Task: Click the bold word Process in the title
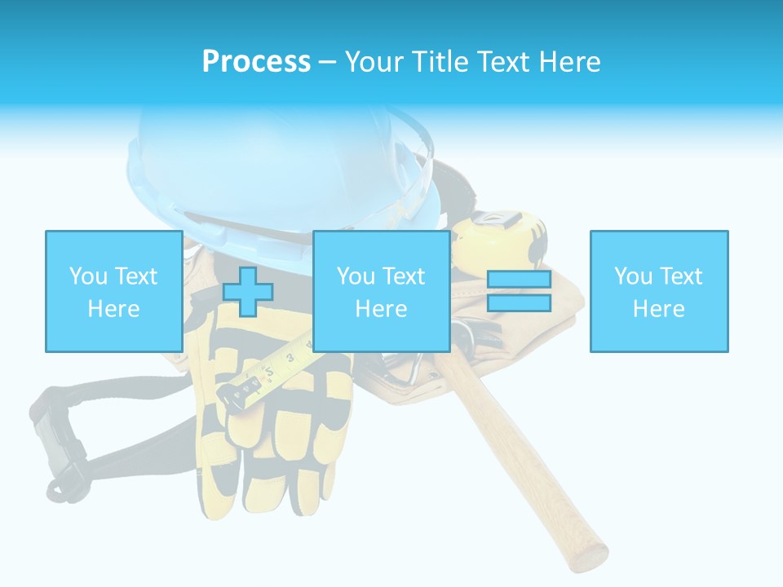click(256, 61)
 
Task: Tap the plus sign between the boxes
click(248, 291)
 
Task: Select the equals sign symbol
click(519, 291)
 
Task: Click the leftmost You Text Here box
click(113, 291)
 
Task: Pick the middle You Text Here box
click(381, 291)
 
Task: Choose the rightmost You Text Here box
click(658, 291)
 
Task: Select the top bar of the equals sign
click(519, 280)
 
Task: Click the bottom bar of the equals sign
click(519, 303)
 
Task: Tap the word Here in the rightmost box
click(658, 308)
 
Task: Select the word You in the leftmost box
click(87, 276)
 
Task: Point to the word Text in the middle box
click(403, 276)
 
